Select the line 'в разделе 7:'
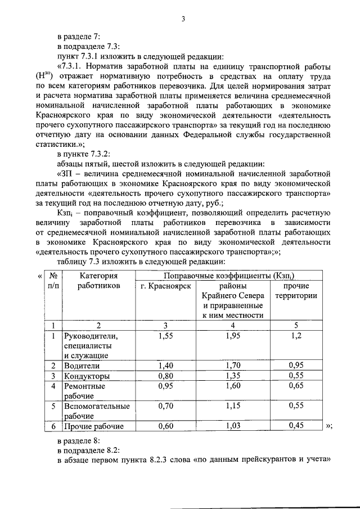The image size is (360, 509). [79, 37]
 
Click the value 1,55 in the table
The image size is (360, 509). [165, 336]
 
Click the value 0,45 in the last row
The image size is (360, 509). [296, 426]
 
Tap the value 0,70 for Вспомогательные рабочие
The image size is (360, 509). [165, 406]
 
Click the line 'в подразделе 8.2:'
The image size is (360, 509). [87, 452]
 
